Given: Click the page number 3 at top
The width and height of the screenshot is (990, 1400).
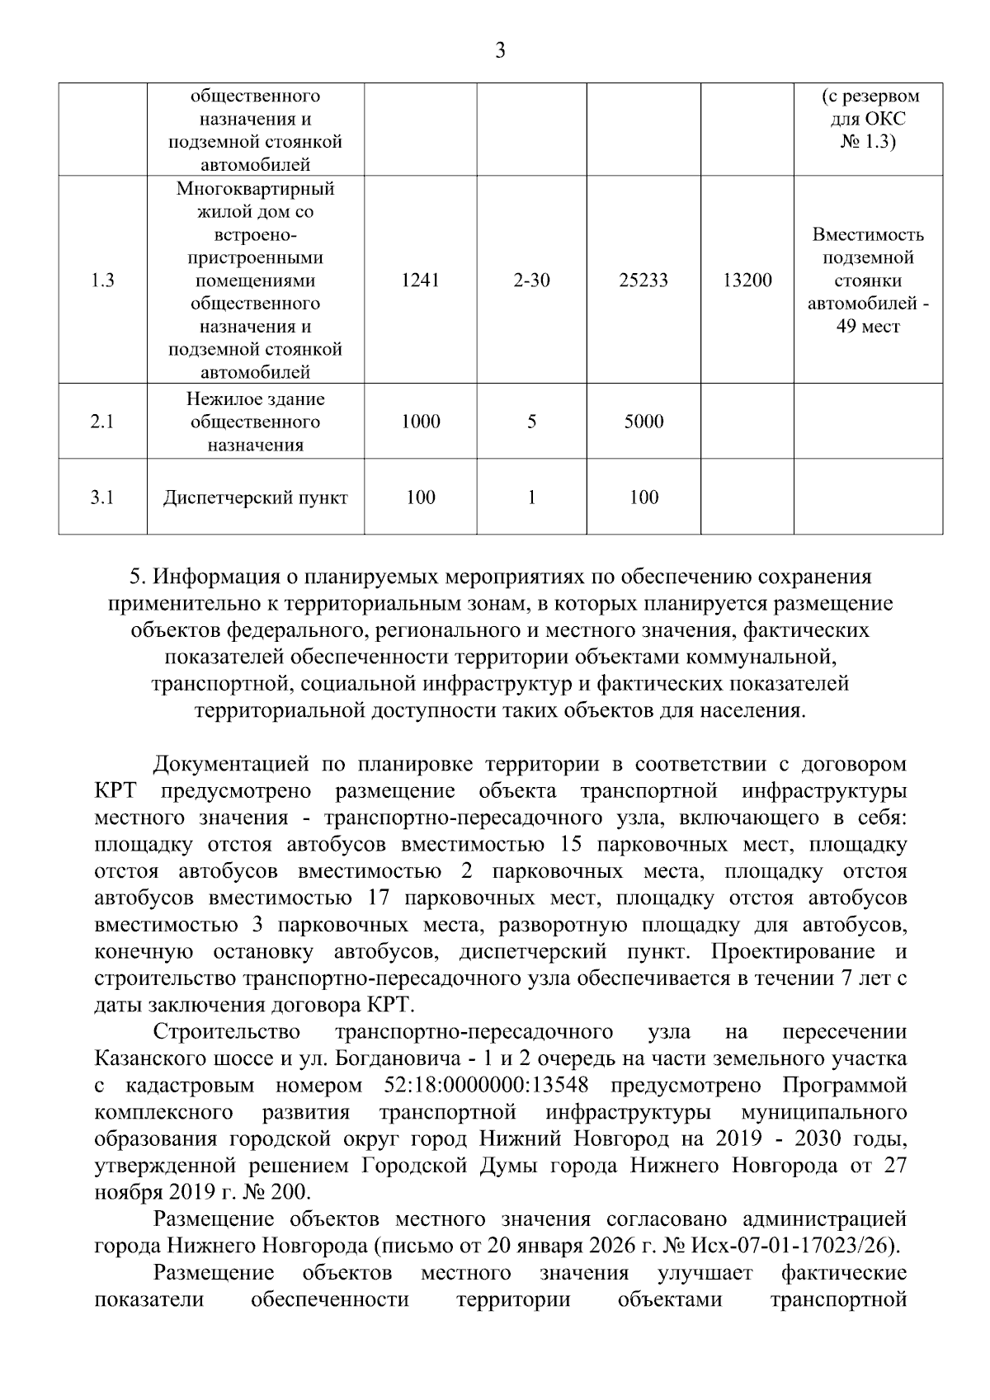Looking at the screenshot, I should coord(499,51).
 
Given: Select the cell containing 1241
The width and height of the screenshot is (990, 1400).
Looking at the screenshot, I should coord(420,280).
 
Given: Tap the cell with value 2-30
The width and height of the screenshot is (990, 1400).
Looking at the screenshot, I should coord(531,280).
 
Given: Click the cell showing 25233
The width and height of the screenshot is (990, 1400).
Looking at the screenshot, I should coord(643,280).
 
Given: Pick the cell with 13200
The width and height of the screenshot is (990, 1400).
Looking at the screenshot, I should coord(747,280).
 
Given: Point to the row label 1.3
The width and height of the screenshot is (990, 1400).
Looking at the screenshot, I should coord(102,280).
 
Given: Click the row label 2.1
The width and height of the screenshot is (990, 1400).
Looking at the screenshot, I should coord(102,422).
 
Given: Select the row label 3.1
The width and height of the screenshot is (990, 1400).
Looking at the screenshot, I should coord(102,497).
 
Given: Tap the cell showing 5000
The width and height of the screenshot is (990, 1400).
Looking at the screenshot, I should coord(643,422).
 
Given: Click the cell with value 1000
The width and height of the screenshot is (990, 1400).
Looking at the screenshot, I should coord(420,422).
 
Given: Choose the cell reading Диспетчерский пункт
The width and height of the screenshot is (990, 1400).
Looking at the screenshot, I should coord(255,497).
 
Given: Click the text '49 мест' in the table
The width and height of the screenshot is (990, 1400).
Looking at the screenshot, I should coord(867,327).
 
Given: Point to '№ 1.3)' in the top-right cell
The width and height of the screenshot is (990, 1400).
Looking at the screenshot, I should coord(867,142).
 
